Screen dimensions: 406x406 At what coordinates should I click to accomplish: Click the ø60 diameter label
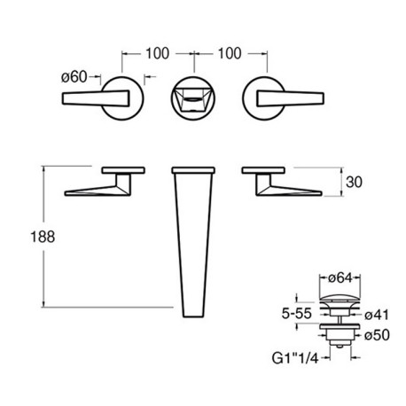pos(74,77)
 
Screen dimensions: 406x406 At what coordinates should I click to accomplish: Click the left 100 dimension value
pos(158,54)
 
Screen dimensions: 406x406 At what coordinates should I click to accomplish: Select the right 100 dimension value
pos(230,54)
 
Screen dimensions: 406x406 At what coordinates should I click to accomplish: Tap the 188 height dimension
pos(43,237)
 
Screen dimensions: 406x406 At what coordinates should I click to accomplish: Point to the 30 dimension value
pos(354,182)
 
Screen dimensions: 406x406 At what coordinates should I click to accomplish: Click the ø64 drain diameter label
pos(340,278)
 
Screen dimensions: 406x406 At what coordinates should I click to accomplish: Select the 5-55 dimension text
pos(296,314)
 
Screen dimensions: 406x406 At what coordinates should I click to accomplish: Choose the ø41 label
pos(377,315)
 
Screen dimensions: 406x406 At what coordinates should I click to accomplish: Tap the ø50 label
pos(377,335)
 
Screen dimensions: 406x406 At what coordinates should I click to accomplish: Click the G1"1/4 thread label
pos(295,358)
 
